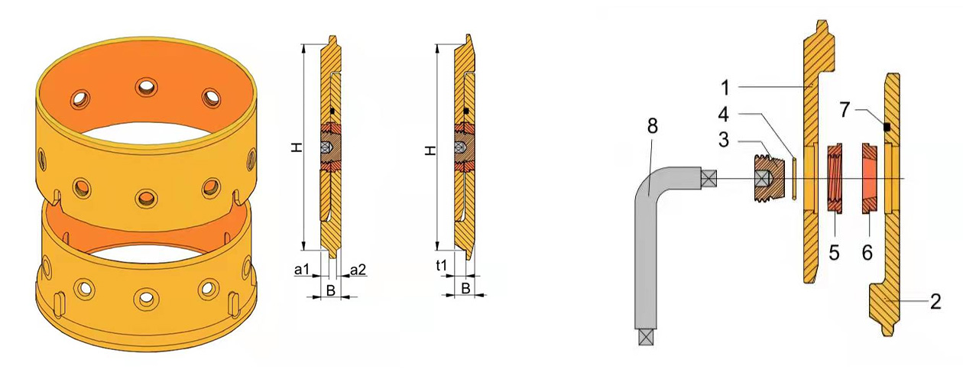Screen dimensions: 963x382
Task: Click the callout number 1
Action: [x=725, y=88]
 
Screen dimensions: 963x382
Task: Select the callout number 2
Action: [x=936, y=302]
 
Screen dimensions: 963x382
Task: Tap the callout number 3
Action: [x=724, y=141]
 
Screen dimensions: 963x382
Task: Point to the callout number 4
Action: [x=724, y=115]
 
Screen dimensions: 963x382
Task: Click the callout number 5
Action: [x=834, y=253]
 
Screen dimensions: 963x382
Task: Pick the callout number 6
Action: [x=867, y=253]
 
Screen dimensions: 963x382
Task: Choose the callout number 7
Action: [x=845, y=110]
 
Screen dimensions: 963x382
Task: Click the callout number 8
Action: [x=652, y=126]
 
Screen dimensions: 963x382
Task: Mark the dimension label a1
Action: [x=302, y=270]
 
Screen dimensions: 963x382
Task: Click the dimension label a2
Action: [x=358, y=270]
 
